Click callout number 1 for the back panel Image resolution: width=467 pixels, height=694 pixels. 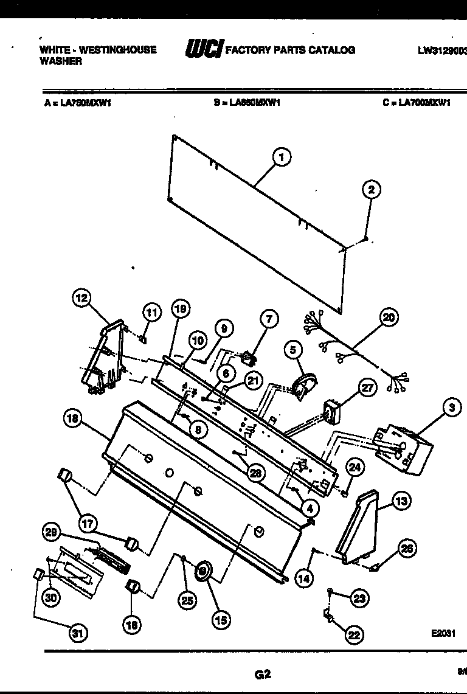(x=280, y=158)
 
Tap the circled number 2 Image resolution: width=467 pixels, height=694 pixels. (x=371, y=190)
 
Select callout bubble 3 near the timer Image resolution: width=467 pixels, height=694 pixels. (x=452, y=409)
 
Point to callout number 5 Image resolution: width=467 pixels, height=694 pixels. (x=293, y=350)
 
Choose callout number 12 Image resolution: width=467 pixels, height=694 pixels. (x=81, y=298)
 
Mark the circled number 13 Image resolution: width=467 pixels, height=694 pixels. (x=401, y=501)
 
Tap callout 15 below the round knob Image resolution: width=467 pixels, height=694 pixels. (x=221, y=620)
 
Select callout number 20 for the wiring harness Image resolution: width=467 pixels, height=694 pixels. (x=389, y=317)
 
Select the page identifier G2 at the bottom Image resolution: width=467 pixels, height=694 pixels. (x=262, y=673)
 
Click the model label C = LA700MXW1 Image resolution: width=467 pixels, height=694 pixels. (x=417, y=103)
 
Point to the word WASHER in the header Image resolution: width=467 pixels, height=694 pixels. (x=61, y=61)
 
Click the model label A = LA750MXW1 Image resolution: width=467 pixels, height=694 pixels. (x=77, y=103)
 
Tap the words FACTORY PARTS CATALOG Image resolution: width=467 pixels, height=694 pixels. (x=290, y=50)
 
